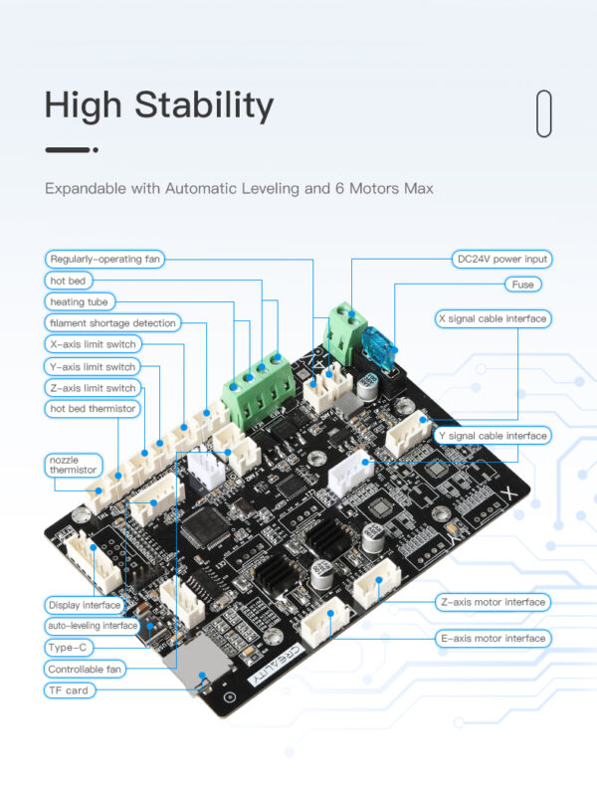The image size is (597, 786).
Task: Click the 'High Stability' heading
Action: pos(159,106)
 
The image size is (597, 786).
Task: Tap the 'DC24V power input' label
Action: pos(500,259)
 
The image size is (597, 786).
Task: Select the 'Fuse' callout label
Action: pos(522,285)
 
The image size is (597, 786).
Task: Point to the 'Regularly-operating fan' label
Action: pos(104,259)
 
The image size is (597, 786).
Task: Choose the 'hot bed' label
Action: pos(69,281)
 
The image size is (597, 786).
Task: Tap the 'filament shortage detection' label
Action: pos(112,322)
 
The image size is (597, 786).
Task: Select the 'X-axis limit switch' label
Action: pos(93,344)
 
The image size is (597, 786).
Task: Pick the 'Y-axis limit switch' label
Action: pos(93,366)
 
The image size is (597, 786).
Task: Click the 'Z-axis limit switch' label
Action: pos(93,388)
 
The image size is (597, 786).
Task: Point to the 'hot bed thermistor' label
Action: pos(93,409)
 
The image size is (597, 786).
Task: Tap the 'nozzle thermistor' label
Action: pos(75,465)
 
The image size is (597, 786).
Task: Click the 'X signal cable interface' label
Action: pos(493,319)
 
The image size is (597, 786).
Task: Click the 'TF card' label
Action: pos(70,689)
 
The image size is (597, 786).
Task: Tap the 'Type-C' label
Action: pos(69,647)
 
